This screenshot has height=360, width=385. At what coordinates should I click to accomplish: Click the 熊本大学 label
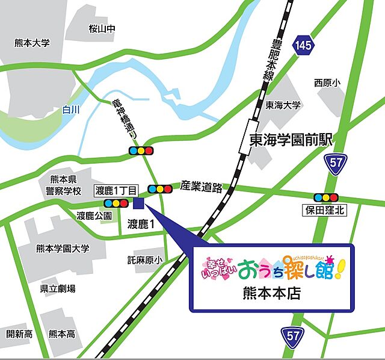coord(32,43)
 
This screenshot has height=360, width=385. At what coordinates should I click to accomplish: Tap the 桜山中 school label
coord(101,28)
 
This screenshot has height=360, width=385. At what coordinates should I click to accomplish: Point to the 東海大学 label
coord(283,105)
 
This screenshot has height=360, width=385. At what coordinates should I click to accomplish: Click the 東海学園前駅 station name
coord(291,140)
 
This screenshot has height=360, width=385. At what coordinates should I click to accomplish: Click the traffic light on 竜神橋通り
coord(141,151)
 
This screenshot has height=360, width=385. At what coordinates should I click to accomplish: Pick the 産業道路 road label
coord(201,187)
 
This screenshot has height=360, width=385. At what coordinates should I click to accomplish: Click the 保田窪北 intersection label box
coord(324,210)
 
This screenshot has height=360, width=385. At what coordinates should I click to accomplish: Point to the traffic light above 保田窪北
coord(325,197)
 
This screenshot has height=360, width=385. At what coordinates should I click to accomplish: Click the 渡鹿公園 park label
coord(94,215)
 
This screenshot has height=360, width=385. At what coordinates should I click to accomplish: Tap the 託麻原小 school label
coord(145,259)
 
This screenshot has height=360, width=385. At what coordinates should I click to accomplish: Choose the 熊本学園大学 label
coord(63,248)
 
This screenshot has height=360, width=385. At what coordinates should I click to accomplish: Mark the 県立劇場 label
coord(58,289)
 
